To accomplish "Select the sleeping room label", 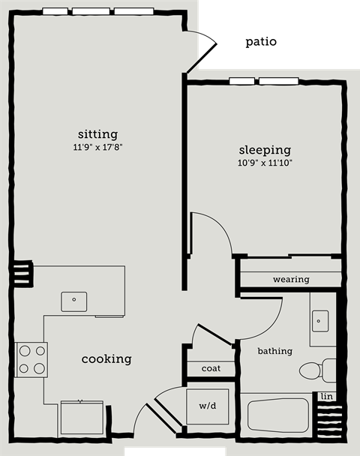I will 265,149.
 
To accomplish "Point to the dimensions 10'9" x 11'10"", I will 265,162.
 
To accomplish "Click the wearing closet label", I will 291,279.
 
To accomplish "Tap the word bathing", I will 274,350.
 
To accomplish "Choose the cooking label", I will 106,359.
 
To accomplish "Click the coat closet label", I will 211,369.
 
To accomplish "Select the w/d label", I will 208,406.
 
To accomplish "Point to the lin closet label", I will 326,395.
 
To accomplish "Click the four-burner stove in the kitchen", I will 31,358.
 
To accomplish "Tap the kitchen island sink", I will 74,301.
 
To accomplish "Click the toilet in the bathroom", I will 317,370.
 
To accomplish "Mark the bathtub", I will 277,414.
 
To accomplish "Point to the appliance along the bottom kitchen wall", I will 82,417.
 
